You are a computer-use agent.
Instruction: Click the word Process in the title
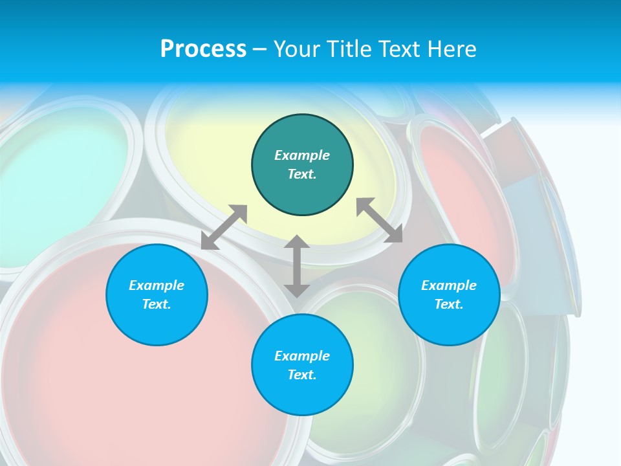pos(203,49)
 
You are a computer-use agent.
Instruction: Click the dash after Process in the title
pos(259,50)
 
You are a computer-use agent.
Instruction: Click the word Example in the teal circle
pos(302,155)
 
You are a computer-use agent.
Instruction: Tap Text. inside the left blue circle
pos(157,304)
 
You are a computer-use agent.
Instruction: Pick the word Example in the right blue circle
pos(449,285)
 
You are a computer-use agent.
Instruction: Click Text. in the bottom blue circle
pos(302,375)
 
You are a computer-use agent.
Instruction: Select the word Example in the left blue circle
pos(157,285)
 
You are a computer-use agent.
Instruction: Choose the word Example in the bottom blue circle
pos(302,356)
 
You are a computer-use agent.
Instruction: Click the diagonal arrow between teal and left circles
pos(224,227)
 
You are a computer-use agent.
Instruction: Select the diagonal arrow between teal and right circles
pos(380,221)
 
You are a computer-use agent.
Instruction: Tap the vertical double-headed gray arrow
pos(297,266)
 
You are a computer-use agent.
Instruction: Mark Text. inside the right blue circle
pos(449,304)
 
